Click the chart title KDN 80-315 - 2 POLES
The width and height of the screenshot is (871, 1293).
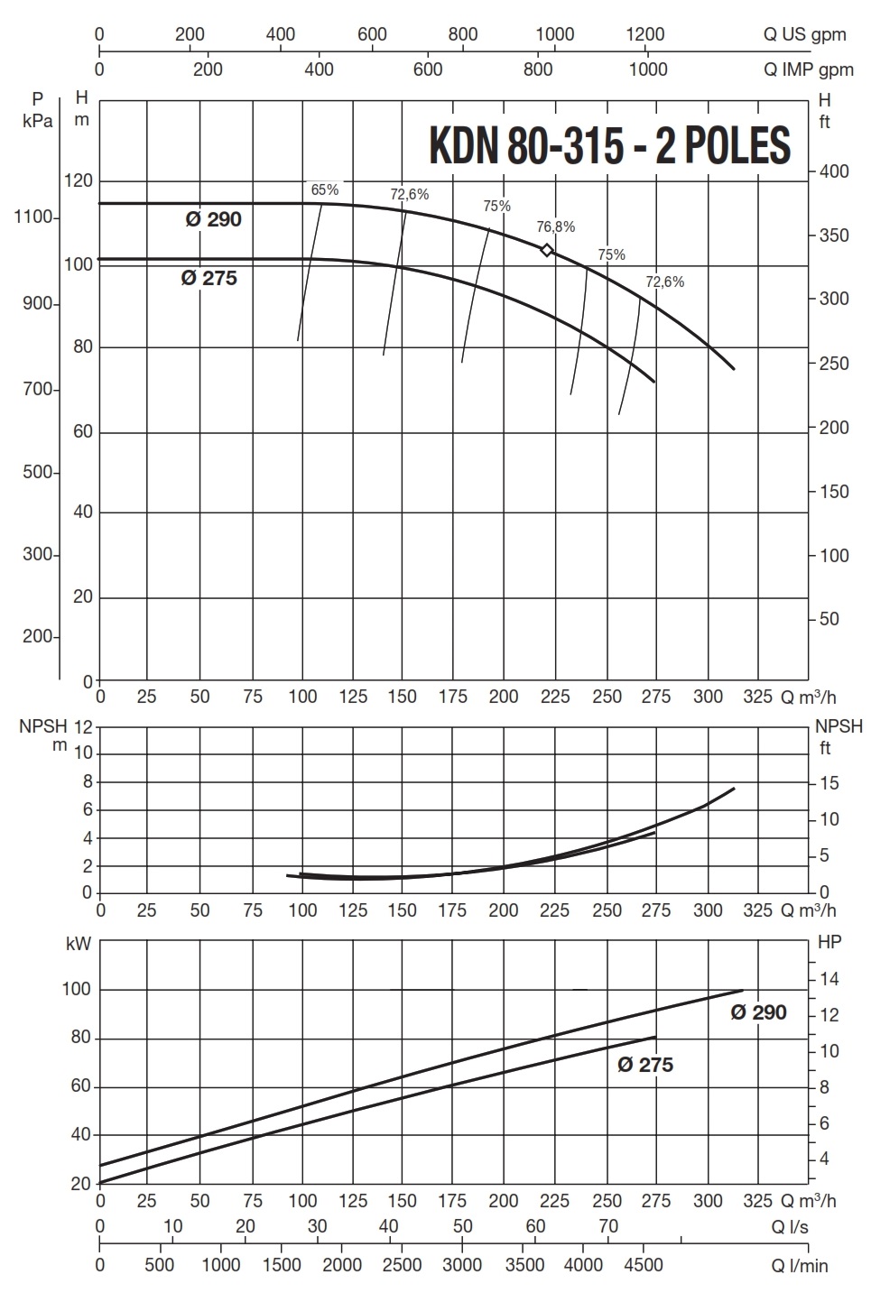point(609,144)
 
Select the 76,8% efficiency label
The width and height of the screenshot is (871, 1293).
point(555,226)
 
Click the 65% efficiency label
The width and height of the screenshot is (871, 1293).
point(324,189)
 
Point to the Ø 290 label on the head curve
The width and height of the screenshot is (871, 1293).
point(214,219)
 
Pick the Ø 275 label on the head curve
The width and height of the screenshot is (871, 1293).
point(209,278)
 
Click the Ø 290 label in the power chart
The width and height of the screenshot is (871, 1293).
point(758,1012)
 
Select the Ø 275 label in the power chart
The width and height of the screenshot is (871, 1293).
point(645,1065)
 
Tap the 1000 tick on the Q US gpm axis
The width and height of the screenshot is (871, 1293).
point(555,34)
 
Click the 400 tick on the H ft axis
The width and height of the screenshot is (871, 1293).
point(834,171)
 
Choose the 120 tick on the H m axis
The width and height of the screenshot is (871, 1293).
point(79,180)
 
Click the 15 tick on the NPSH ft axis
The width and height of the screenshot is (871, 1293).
point(829,783)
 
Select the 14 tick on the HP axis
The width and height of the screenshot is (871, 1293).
point(829,979)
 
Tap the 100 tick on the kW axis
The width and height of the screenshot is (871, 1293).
point(77,989)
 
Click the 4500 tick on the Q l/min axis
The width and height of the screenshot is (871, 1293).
point(644,1264)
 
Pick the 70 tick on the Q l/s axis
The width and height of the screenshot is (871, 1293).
point(608,1225)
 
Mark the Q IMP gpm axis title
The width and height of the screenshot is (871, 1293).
point(808,69)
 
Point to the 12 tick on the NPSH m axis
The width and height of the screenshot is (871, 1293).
point(84,726)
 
